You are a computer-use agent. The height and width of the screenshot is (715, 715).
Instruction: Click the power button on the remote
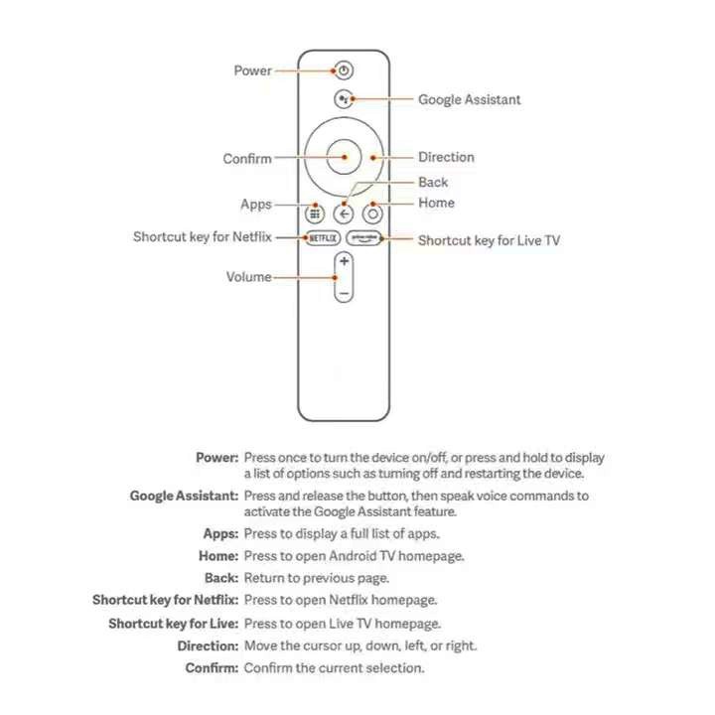pyautogui.click(x=344, y=71)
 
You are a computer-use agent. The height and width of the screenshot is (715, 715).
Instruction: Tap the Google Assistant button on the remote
pyautogui.click(x=344, y=99)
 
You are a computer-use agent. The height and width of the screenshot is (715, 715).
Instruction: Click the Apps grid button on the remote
pyautogui.click(x=314, y=213)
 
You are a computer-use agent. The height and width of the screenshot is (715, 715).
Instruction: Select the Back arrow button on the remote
pyautogui.click(x=344, y=213)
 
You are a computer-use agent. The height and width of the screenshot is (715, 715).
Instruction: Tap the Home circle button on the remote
pyautogui.click(x=373, y=213)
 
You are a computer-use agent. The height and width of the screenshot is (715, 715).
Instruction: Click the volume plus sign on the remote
pyautogui.click(x=344, y=261)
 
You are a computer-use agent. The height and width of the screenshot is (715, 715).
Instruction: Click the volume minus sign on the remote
pyautogui.click(x=344, y=293)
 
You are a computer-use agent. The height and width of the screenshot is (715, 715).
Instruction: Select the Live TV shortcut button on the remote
pyautogui.click(x=363, y=238)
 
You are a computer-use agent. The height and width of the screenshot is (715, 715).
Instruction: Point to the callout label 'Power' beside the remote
pyautogui.click(x=252, y=71)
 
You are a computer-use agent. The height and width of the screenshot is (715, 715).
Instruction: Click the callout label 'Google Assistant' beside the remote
pyautogui.click(x=469, y=99)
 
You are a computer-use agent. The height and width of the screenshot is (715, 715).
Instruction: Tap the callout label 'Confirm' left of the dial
pyautogui.click(x=247, y=159)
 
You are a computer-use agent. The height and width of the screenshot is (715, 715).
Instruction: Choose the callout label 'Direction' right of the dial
pyautogui.click(x=446, y=157)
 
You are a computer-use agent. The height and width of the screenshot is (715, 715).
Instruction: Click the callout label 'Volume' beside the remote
pyautogui.click(x=248, y=277)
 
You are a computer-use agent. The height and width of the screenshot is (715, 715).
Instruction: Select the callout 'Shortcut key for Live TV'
pyautogui.click(x=489, y=240)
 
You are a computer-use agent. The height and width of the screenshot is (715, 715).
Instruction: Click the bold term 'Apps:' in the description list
pyautogui.click(x=220, y=534)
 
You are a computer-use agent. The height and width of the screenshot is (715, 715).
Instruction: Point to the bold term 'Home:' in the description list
pyautogui.click(x=218, y=556)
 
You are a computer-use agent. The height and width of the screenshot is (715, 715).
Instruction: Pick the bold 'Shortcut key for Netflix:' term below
pyautogui.click(x=166, y=600)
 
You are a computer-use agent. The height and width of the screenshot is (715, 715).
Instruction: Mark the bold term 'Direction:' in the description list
pyautogui.click(x=208, y=645)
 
